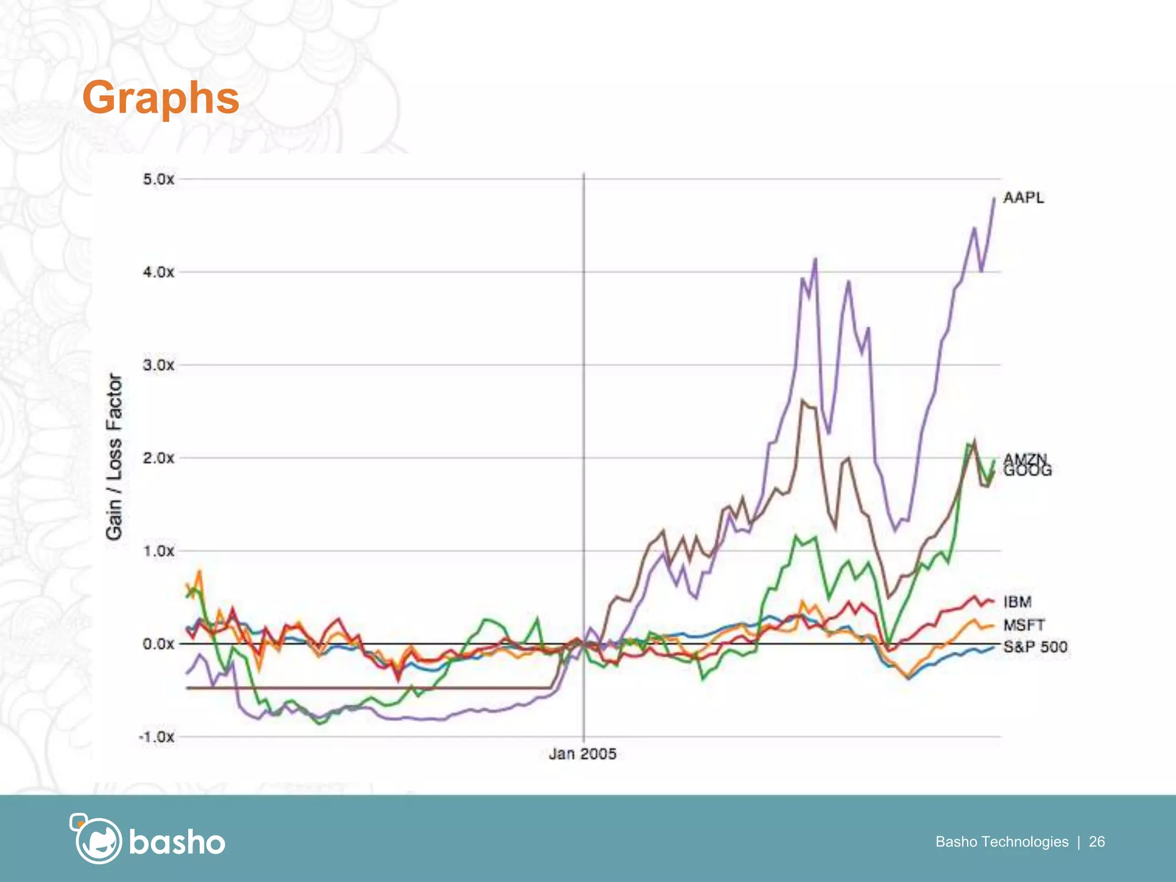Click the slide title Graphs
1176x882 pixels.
[161, 98]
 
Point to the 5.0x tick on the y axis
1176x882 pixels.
[158, 179]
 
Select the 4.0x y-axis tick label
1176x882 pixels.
[158, 272]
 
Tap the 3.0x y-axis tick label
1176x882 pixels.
[158, 365]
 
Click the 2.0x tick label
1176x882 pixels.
[158, 458]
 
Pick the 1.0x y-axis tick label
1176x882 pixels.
[158, 551]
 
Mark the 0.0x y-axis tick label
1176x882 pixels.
[158, 644]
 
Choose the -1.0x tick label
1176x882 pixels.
[156, 737]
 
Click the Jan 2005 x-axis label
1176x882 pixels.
[582, 754]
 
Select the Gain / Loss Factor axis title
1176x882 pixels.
[114, 457]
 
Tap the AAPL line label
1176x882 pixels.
[1023, 198]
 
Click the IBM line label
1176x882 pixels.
[1018, 602]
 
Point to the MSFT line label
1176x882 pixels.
[1024, 625]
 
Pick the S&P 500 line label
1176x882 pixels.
[1035, 647]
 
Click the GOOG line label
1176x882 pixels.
[1028, 472]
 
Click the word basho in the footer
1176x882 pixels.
[177, 842]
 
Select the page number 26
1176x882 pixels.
[1097, 842]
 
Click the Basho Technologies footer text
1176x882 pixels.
[1001, 842]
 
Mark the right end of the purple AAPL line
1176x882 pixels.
[994, 199]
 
